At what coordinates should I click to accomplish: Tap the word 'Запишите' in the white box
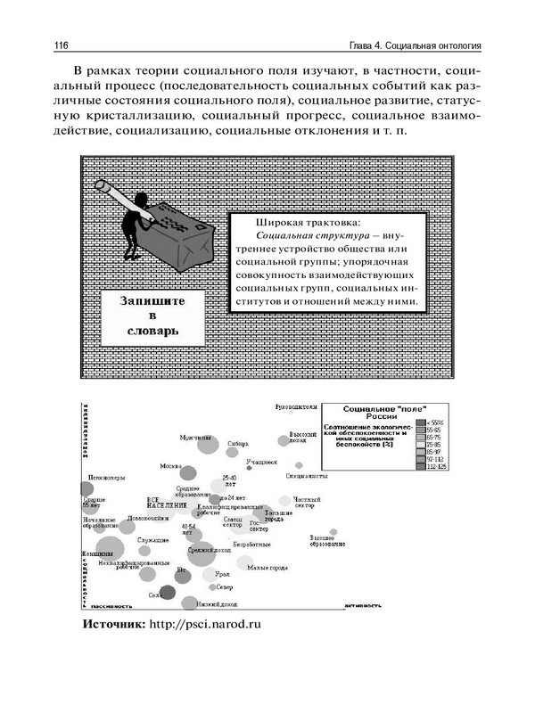152,301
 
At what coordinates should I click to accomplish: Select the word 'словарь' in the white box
152,332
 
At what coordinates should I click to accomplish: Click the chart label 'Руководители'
297,407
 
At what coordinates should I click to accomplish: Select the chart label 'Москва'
169,466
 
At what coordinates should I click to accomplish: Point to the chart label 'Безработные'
251,544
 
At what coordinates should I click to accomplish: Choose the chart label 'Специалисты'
306,477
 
